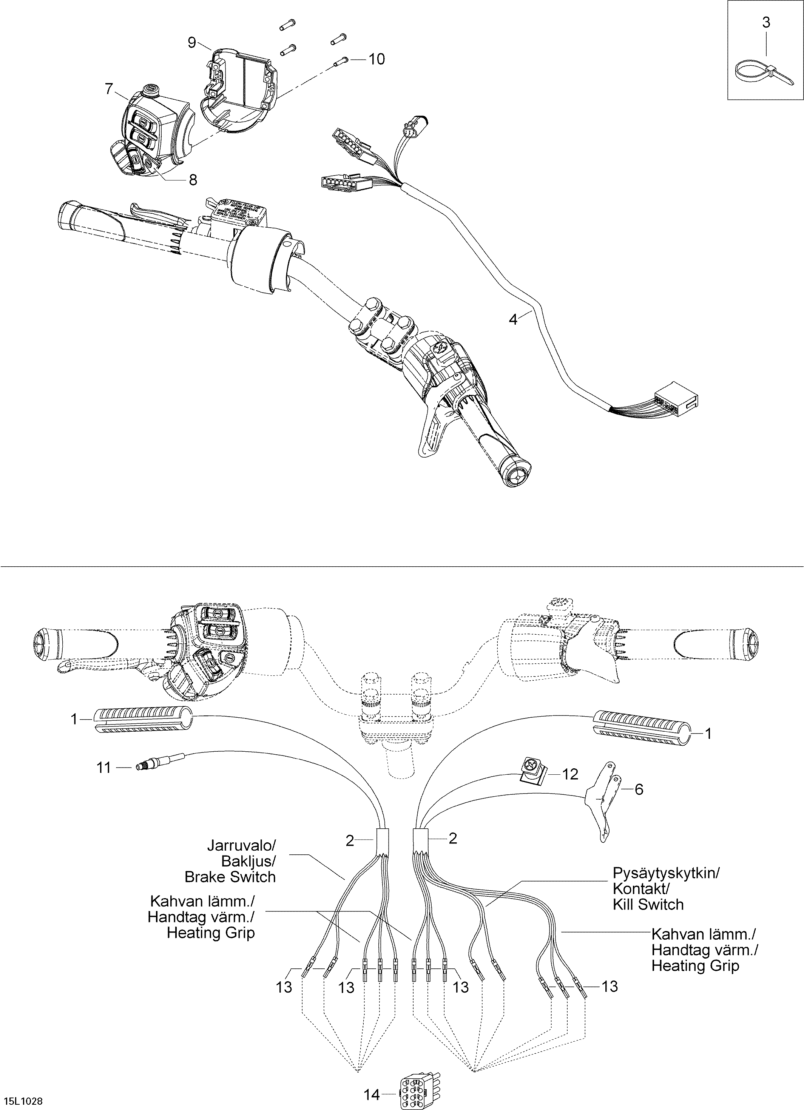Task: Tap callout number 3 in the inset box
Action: [766, 22]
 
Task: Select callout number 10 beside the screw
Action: [376, 59]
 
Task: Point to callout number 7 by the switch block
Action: [109, 89]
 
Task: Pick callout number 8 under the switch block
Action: [193, 180]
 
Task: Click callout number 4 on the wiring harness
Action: [513, 319]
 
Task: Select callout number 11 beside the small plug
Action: [103, 768]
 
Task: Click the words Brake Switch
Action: [230, 877]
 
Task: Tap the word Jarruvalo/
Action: [241, 845]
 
